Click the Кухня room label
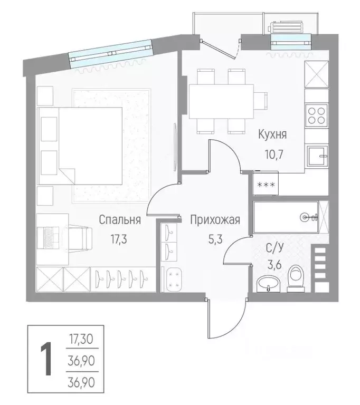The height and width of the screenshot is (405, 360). pyautogui.click(x=272, y=135)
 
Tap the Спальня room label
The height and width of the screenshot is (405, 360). pyautogui.click(x=120, y=220)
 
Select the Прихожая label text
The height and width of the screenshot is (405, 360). pyautogui.click(x=215, y=220)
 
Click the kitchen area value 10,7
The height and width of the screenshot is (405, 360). pyautogui.click(x=274, y=155)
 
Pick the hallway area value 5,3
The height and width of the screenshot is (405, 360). pyautogui.click(x=215, y=239)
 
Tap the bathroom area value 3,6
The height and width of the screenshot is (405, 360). pyautogui.click(x=274, y=265)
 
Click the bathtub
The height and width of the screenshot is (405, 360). pyautogui.click(x=286, y=217)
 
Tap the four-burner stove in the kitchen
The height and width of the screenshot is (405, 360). pyautogui.click(x=317, y=115)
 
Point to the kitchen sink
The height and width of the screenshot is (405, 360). pyautogui.click(x=317, y=155)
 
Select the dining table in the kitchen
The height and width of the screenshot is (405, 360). pyautogui.click(x=221, y=101)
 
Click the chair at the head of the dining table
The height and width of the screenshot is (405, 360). pyautogui.click(x=260, y=101)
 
